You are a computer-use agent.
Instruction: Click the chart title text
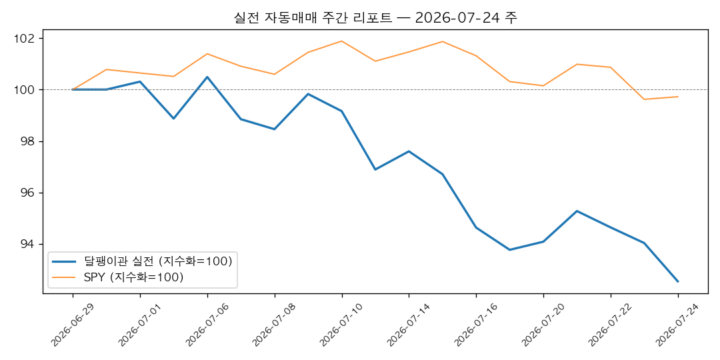(376, 18)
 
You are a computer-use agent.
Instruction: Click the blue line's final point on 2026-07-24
(678, 281)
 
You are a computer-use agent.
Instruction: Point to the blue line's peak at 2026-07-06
(207, 77)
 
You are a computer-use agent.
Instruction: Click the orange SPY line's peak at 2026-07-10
(341, 41)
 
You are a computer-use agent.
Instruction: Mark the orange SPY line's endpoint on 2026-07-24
(678, 97)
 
